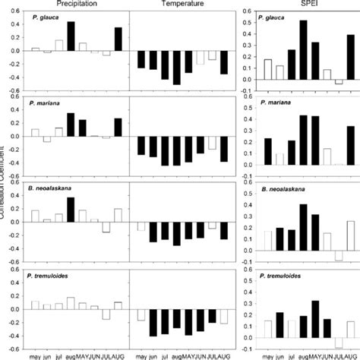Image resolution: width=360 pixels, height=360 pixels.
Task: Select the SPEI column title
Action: (302, 5)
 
